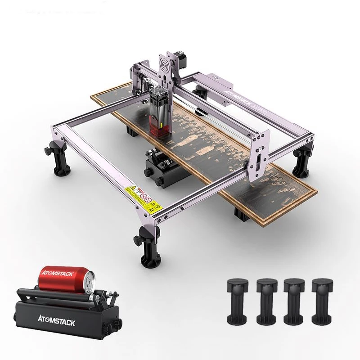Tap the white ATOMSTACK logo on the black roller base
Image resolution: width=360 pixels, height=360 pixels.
coord(56,322)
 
